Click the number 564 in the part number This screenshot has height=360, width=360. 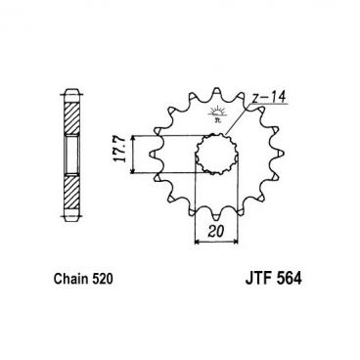click(295, 278)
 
